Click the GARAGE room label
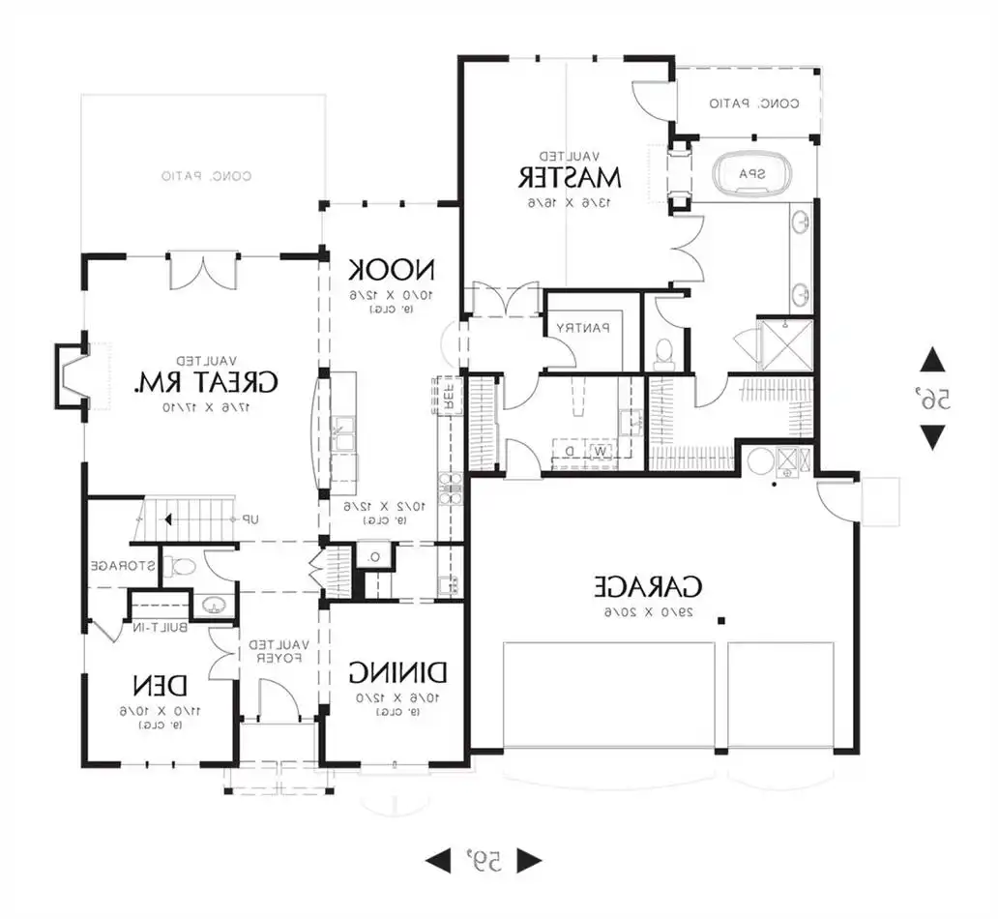647,586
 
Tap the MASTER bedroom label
569,177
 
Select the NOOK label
391,269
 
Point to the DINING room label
397,671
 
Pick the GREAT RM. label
205,382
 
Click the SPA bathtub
753,175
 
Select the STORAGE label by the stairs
120,565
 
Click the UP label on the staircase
249,519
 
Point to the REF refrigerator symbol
448,396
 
